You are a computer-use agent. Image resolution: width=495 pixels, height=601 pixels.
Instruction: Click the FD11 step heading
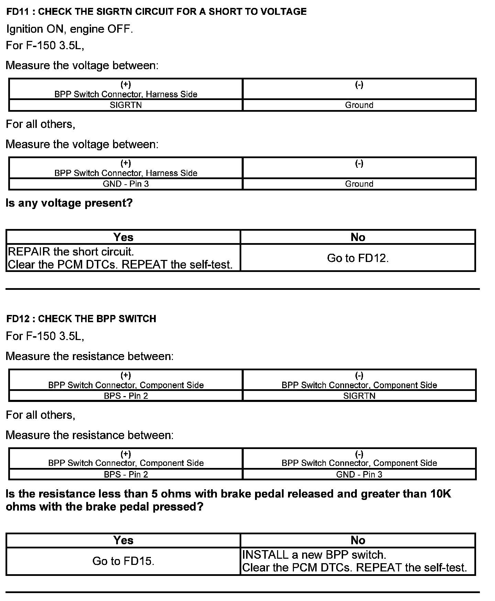(x=156, y=12)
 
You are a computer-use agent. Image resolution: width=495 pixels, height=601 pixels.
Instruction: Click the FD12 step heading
(x=81, y=319)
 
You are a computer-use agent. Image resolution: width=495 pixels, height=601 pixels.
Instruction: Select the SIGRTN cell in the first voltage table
(x=125, y=105)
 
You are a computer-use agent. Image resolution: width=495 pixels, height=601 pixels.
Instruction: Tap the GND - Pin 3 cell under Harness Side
(x=125, y=184)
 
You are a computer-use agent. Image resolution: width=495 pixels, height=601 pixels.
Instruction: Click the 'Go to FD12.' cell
(x=357, y=258)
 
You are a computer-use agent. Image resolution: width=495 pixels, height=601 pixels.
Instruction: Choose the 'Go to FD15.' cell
(x=123, y=561)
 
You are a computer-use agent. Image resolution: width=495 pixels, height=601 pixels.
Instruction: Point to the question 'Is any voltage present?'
(x=69, y=203)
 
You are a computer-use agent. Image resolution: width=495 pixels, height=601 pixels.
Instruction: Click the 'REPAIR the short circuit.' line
(x=71, y=252)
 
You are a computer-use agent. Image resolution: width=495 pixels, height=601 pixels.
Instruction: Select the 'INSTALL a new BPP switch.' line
(x=314, y=555)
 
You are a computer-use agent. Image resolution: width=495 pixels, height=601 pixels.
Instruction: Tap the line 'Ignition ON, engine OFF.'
(x=69, y=29)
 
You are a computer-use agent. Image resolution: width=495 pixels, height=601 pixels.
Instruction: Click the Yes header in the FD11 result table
(x=123, y=237)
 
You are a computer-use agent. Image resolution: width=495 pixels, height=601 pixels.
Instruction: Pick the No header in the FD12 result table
(x=357, y=540)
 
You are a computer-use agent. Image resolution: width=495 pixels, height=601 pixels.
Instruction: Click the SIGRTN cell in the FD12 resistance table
(x=359, y=396)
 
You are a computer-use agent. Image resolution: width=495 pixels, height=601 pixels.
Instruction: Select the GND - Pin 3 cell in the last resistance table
(x=359, y=474)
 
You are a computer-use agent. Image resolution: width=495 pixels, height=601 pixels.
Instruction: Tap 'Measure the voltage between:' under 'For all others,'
(x=82, y=144)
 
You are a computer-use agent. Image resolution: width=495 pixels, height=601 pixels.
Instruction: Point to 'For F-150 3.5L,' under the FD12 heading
(x=45, y=336)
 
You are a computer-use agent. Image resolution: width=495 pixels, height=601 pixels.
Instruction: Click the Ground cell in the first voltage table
(x=359, y=105)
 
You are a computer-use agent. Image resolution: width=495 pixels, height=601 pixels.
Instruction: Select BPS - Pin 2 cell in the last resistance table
(x=125, y=474)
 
